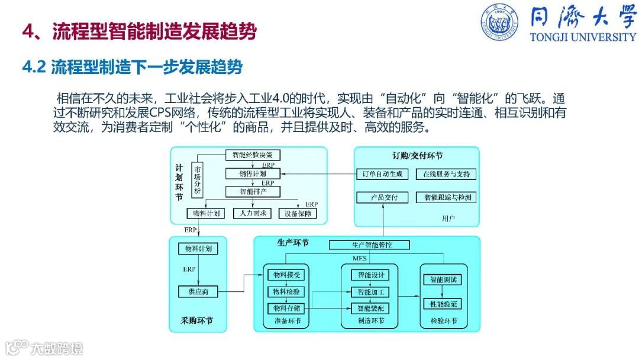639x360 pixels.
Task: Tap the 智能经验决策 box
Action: [253, 155]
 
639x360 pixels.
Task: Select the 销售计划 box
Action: [253, 174]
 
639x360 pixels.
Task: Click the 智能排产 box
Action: [253, 192]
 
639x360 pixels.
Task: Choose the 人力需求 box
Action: [252, 213]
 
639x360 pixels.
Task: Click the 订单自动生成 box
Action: [382, 174]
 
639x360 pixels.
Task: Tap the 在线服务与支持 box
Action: [446, 174]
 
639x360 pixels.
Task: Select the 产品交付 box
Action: [382, 197]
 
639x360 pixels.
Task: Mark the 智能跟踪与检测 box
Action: [446, 197]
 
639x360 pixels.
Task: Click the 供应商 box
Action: [198, 291]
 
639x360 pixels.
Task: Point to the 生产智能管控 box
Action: [369, 245]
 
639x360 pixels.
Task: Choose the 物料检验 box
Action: [286, 291]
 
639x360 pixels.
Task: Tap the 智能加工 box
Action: [370, 291]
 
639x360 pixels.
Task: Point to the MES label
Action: [360, 258]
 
